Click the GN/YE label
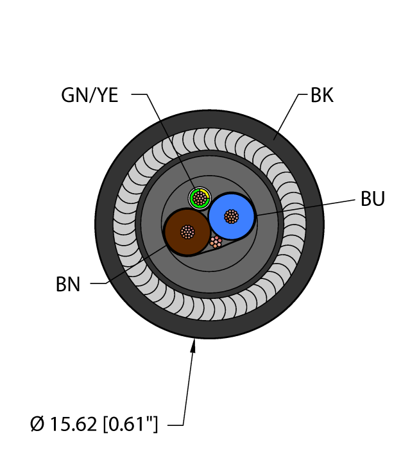click(x=90, y=96)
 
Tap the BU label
click(x=373, y=199)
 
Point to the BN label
click(x=67, y=284)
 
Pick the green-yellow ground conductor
click(x=200, y=198)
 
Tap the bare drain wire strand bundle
click(x=216, y=242)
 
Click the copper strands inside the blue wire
click(x=231, y=217)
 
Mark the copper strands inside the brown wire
click(x=187, y=231)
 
